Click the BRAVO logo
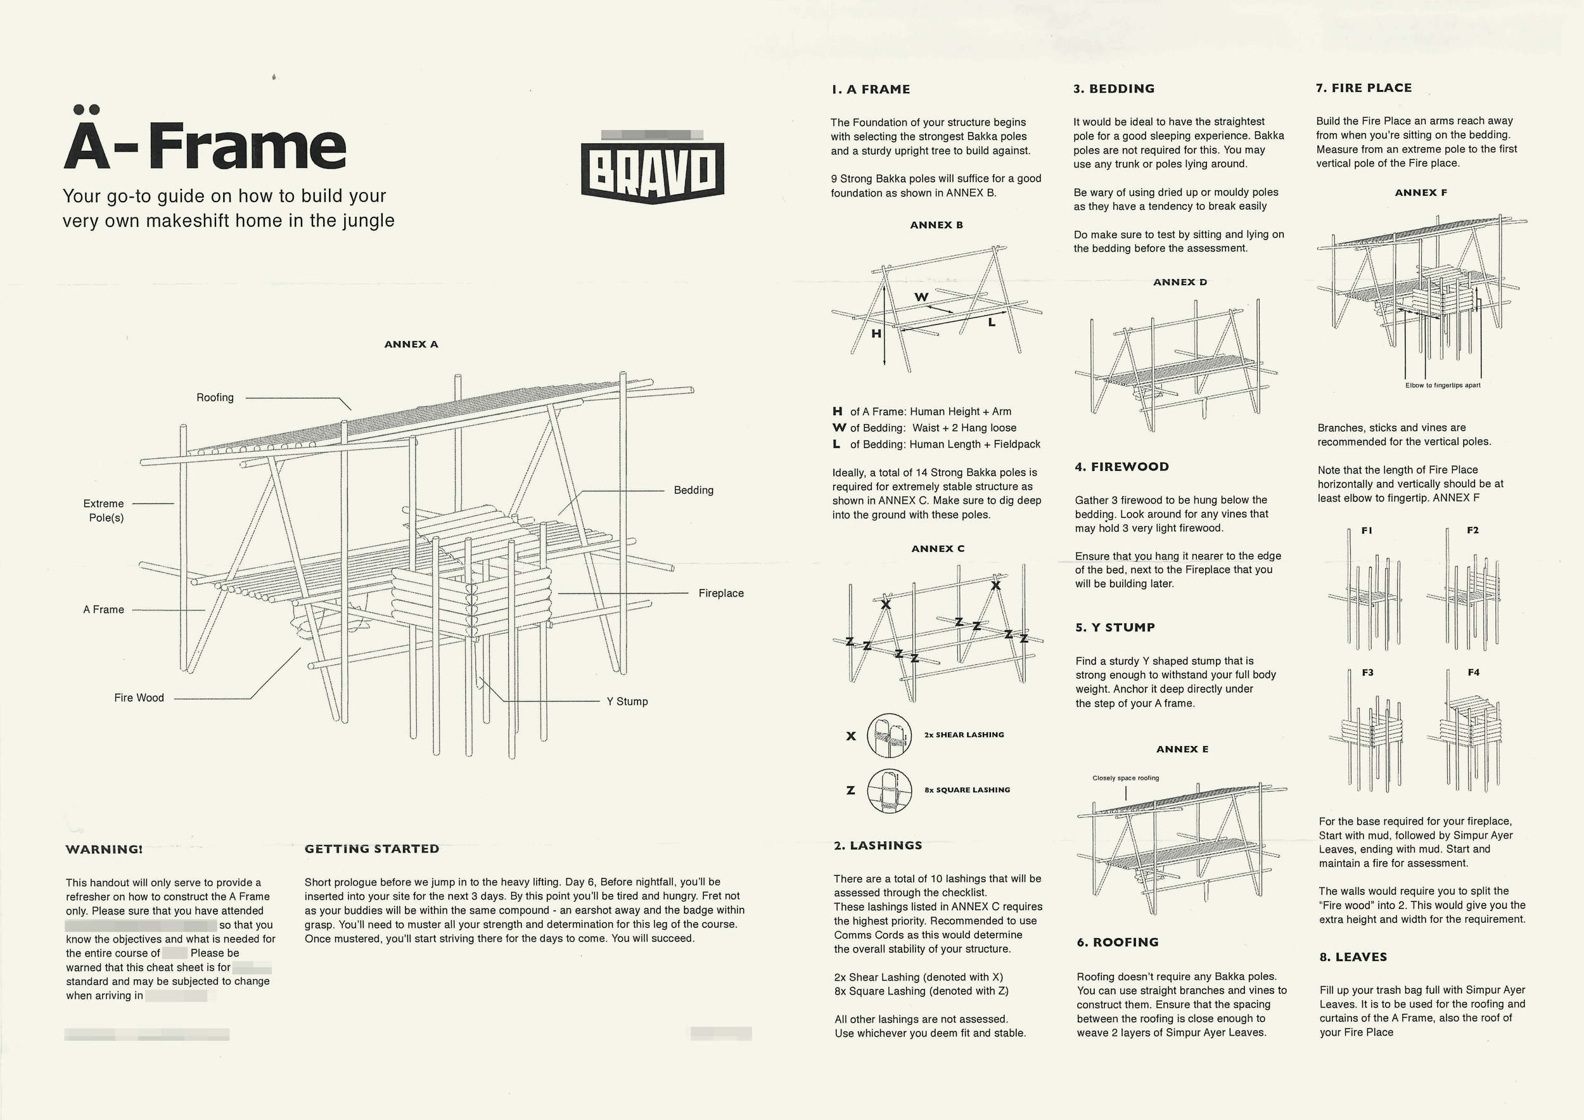click(x=652, y=171)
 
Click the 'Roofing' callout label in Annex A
click(x=215, y=397)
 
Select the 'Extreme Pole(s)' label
click(x=104, y=511)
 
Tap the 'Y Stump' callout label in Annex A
click(x=627, y=701)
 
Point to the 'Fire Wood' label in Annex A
click(x=139, y=698)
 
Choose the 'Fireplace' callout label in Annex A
click(x=721, y=593)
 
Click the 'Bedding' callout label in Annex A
click(x=693, y=490)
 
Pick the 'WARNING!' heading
click(x=104, y=849)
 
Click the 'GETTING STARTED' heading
click(x=372, y=849)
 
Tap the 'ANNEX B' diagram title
click(x=936, y=225)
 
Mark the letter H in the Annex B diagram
click(x=876, y=334)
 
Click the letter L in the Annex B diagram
click(x=992, y=322)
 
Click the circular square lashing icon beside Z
click(x=890, y=791)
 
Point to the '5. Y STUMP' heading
click(x=1115, y=628)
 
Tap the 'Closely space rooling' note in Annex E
click(x=1125, y=778)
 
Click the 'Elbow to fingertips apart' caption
click(x=1443, y=385)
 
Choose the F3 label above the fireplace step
click(x=1367, y=672)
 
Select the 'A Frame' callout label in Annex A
click(x=103, y=609)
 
